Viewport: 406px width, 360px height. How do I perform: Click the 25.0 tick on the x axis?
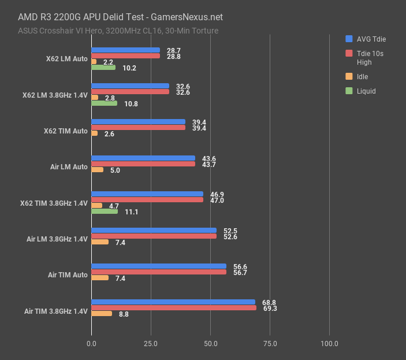click(151, 344)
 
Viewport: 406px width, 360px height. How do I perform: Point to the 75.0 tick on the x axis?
click(270, 344)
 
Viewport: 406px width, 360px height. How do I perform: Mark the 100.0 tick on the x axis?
click(329, 344)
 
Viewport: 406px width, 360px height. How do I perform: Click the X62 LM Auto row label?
click(67, 59)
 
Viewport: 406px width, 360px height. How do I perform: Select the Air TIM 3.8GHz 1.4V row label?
click(56, 311)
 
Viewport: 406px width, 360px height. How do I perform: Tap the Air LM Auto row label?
click(69, 167)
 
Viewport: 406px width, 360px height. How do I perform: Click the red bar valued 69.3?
click(173, 308)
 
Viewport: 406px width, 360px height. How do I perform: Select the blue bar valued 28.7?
click(125, 50)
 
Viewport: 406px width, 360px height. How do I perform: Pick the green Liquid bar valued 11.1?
click(105, 211)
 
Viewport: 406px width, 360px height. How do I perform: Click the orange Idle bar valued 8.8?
click(102, 314)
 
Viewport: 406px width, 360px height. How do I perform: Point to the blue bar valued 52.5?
click(154, 230)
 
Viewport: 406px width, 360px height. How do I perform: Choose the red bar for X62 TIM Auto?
click(138, 127)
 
